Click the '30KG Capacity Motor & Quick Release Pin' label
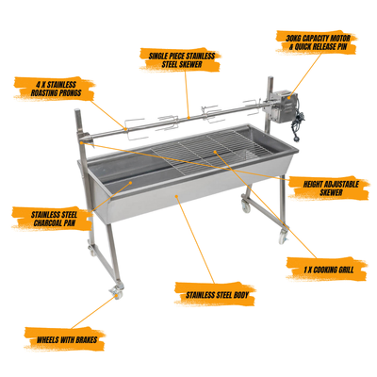click(317, 42)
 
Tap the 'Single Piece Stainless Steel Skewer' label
click(182, 60)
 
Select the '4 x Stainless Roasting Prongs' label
click(54, 89)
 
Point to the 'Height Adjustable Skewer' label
click(330, 188)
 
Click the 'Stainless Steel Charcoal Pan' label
click(54, 219)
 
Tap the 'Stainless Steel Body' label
click(216, 295)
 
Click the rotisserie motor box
click(281, 107)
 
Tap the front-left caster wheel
click(116, 293)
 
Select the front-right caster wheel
click(284, 235)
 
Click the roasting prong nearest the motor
click(252, 106)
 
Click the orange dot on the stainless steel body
click(177, 196)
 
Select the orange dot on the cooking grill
click(215, 152)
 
